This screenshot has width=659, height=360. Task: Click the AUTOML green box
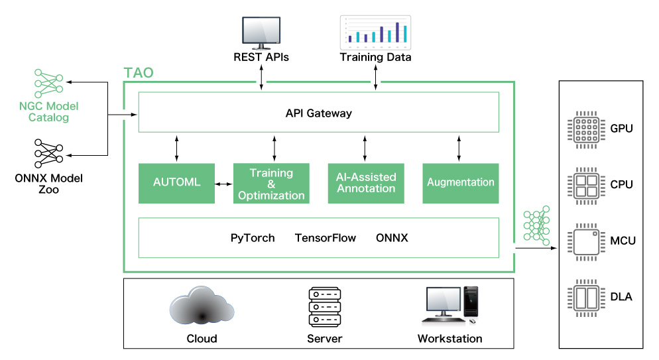point(176,182)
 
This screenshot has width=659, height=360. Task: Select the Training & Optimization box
point(271,183)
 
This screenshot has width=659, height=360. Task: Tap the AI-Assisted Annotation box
point(367,182)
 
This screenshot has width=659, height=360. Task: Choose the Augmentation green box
point(461,182)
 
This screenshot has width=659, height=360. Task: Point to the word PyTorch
point(253,237)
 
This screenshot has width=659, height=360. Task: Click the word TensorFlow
point(326,237)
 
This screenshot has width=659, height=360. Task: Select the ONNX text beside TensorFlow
point(392,237)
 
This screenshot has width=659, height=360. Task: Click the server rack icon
point(325,306)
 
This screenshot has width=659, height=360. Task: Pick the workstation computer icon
point(450,306)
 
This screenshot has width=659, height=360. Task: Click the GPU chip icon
point(584,127)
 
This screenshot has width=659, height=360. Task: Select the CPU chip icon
point(584,184)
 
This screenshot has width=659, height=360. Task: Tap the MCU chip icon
point(584,240)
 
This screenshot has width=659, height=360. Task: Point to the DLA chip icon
point(584,296)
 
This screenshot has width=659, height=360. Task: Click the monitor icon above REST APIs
point(261,30)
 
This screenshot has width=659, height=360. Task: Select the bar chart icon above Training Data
point(375,32)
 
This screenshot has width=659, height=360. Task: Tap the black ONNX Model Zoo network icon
point(48,153)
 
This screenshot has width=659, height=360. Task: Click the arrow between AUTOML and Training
point(224,182)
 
